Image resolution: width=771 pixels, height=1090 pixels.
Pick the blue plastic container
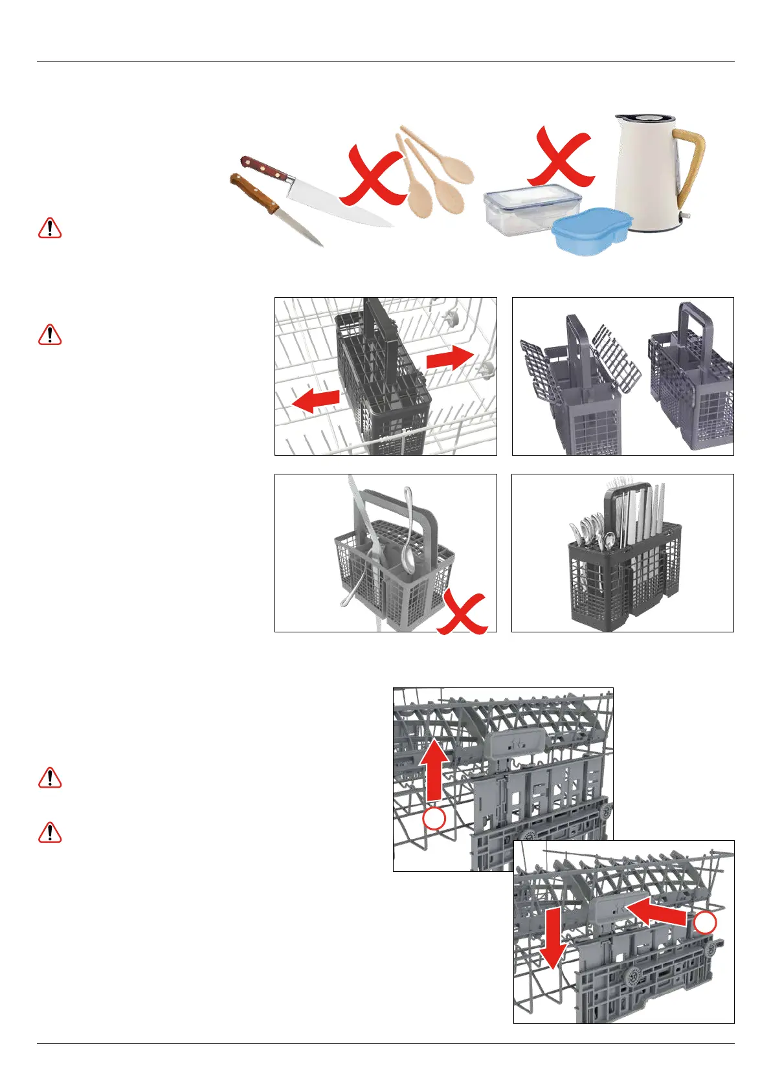[590, 230]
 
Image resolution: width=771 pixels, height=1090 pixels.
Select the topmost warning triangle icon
[50, 228]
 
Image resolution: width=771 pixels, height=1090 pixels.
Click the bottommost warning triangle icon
[50, 832]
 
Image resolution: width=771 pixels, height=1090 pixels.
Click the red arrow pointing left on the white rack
[317, 401]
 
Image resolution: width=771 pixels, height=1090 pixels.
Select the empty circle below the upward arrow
[434, 819]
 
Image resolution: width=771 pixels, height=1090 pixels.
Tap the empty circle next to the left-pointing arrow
[705, 923]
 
